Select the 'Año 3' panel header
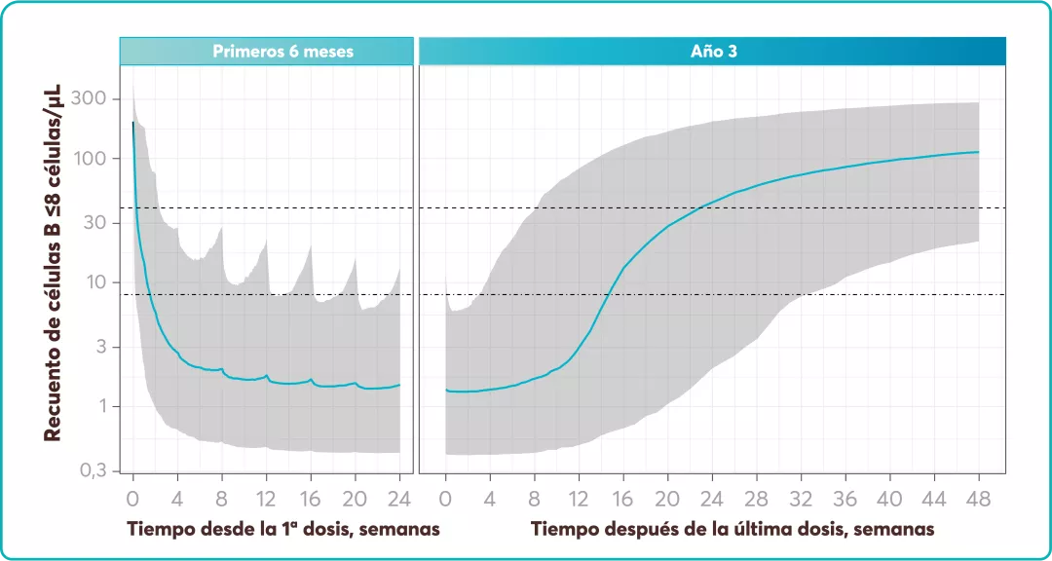click(x=712, y=51)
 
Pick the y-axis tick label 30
click(x=98, y=223)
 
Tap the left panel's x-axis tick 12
click(x=267, y=499)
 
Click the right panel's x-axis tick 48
click(x=978, y=499)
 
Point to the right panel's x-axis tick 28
click(x=756, y=499)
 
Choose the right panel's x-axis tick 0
click(x=445, y=499)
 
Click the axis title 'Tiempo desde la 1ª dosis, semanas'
click(x=282, y=529)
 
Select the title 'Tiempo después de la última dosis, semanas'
click(x=733, y=529)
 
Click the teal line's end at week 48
click(x=978, y=152)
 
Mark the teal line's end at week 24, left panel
click(x=399, y=385)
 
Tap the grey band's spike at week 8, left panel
click(x=222, y=228)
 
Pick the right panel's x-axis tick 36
click(x=845, y=499)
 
